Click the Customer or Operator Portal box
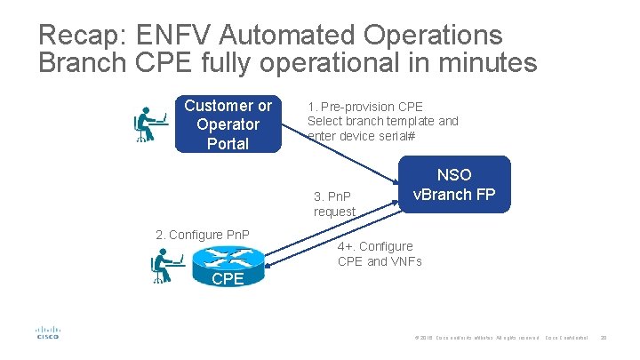pos(228,124)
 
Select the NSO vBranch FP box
pos(453,185)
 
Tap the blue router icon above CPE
pos(228,257)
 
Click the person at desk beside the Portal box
pos(149,124)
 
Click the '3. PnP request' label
pos(334,204)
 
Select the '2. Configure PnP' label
pos(202,235)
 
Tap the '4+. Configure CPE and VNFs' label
pos(380,253)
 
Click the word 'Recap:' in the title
pos(80,36)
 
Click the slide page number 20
pos(604,339)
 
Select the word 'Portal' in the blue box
pos(228,143)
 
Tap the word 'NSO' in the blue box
pos(453,174)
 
